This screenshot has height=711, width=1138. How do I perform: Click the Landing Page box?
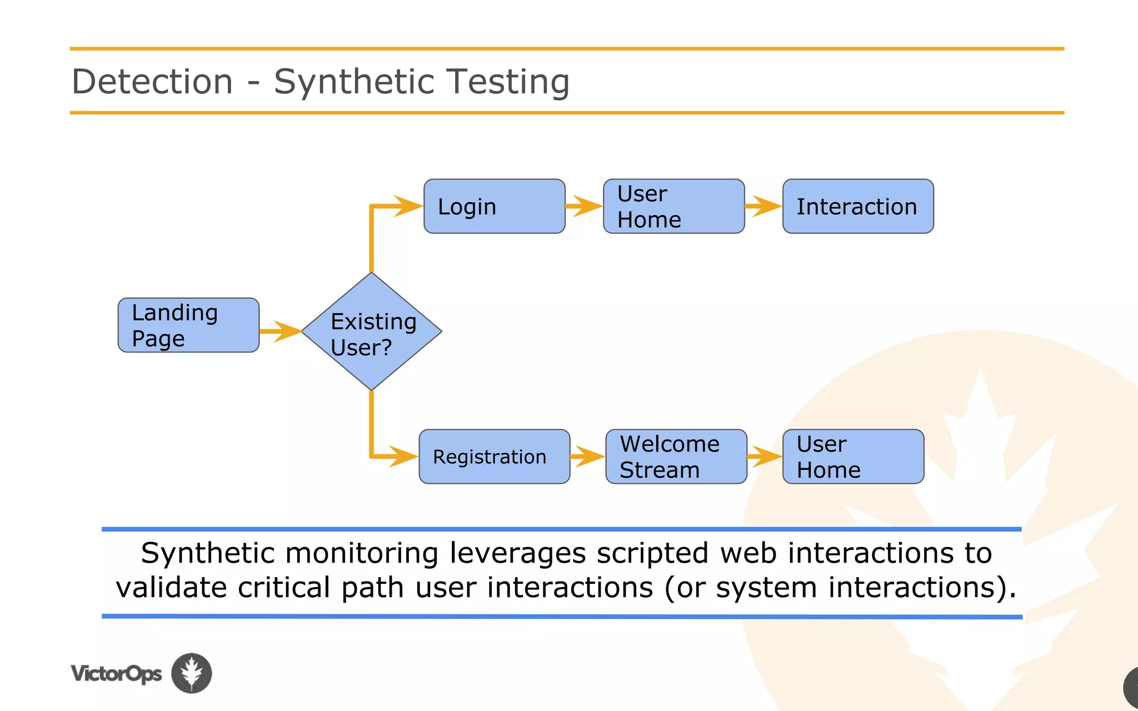tap(188, 325)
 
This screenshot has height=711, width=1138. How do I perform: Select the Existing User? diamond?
tap(371, 332)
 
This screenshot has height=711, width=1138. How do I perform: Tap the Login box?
tap(494, 206)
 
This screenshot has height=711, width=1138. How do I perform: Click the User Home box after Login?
tap(673, 206)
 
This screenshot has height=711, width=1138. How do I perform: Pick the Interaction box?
tap(857, 206)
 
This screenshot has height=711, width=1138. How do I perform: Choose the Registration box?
tap(494, 457)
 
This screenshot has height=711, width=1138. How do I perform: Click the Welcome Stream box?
tap(676, 457)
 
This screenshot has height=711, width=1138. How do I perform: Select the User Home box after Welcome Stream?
tap(853, 457)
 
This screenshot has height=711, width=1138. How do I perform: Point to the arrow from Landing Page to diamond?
tap(281, 331)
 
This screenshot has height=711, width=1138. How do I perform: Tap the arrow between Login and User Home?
tap(584, 206)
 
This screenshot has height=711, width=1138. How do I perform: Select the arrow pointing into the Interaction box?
tap(763, 206)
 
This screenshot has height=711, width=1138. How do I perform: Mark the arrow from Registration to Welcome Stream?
tap(587, 457)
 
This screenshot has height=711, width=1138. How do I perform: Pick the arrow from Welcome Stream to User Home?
tap(765, 457)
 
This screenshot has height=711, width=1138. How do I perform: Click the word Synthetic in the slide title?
tap(353, 82)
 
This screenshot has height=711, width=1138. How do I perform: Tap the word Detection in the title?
tap(152, 82)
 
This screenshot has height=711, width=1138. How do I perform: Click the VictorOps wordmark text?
tap(116, 674)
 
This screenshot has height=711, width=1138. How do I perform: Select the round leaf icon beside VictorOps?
tap(191, 673)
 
